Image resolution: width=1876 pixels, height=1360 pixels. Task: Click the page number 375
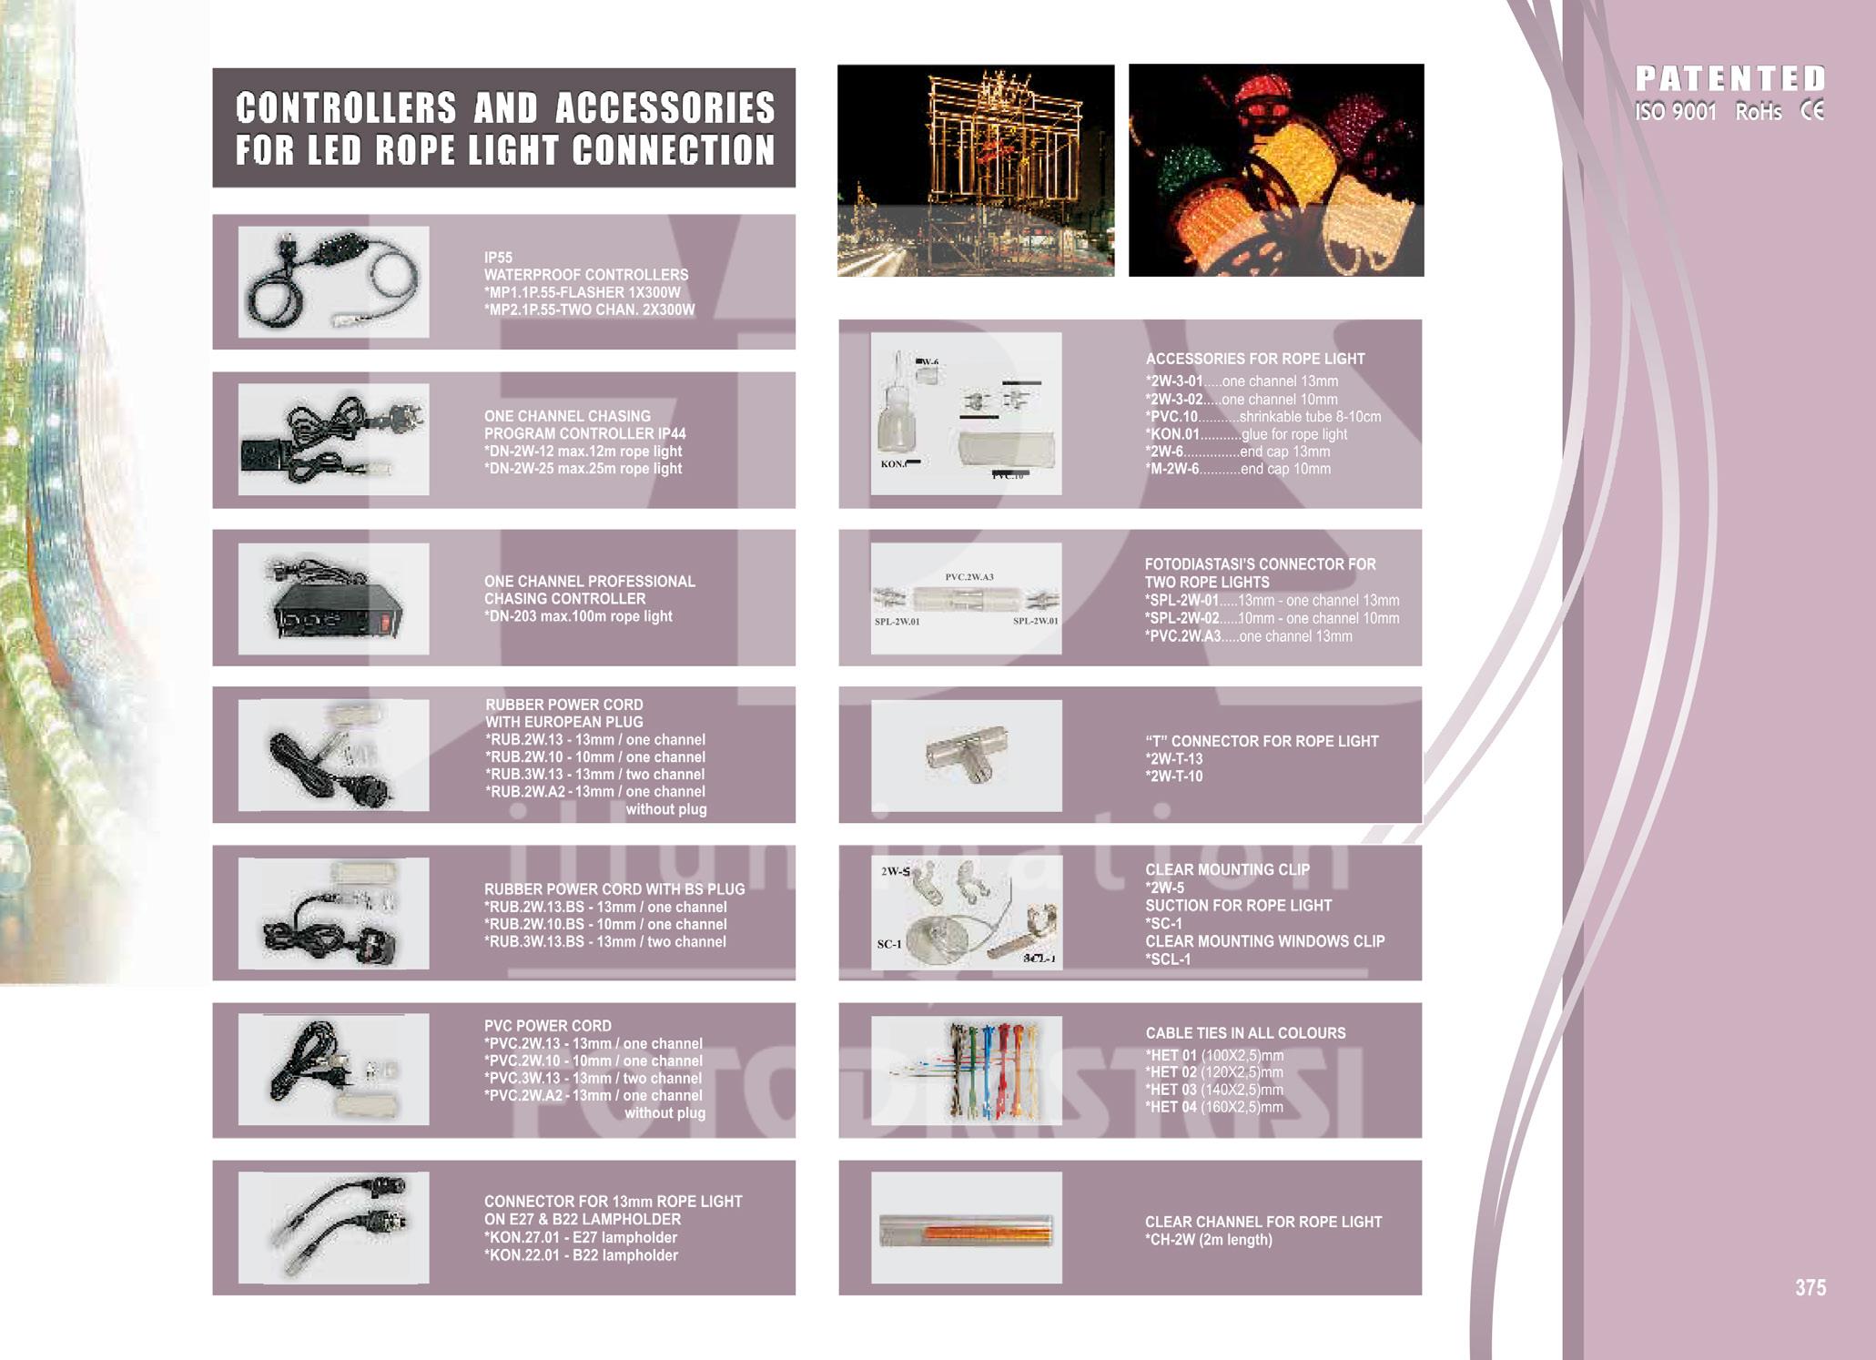click(1810, 1287)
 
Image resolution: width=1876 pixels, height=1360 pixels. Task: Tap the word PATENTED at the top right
click(1729, 78)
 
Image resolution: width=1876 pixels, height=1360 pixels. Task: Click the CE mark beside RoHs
click(1812, 111)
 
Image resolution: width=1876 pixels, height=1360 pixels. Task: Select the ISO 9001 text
click(1675, 112)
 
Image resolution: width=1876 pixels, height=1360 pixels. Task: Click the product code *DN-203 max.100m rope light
click(578, 616)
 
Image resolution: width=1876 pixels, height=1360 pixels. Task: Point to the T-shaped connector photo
click(966, 756)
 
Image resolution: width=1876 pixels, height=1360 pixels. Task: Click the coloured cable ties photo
click(966, 1071)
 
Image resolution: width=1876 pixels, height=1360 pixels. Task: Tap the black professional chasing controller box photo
click(333, 598)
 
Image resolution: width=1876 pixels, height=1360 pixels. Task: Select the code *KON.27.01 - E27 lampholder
click(581, 1237)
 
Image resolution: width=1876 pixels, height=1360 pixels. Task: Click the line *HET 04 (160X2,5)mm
click(1214, 1107)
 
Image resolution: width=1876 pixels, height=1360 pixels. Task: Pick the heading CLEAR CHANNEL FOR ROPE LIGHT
click(1263, 1222)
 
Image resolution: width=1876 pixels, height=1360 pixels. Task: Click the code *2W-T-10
click(1174, 776)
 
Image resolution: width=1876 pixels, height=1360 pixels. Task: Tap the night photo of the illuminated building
click(976, 170)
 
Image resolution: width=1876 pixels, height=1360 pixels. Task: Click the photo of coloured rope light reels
click(1276, 170)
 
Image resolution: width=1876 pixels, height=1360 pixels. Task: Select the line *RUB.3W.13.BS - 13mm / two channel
click(605, 941)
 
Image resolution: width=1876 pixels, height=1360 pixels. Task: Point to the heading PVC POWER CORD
click(548, 1026)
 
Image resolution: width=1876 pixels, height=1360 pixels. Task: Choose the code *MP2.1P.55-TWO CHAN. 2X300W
click(589, 310)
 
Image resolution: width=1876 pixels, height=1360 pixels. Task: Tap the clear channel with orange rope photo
click(966, 1229)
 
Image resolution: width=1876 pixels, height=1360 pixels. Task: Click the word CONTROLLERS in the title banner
click(346, 108)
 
